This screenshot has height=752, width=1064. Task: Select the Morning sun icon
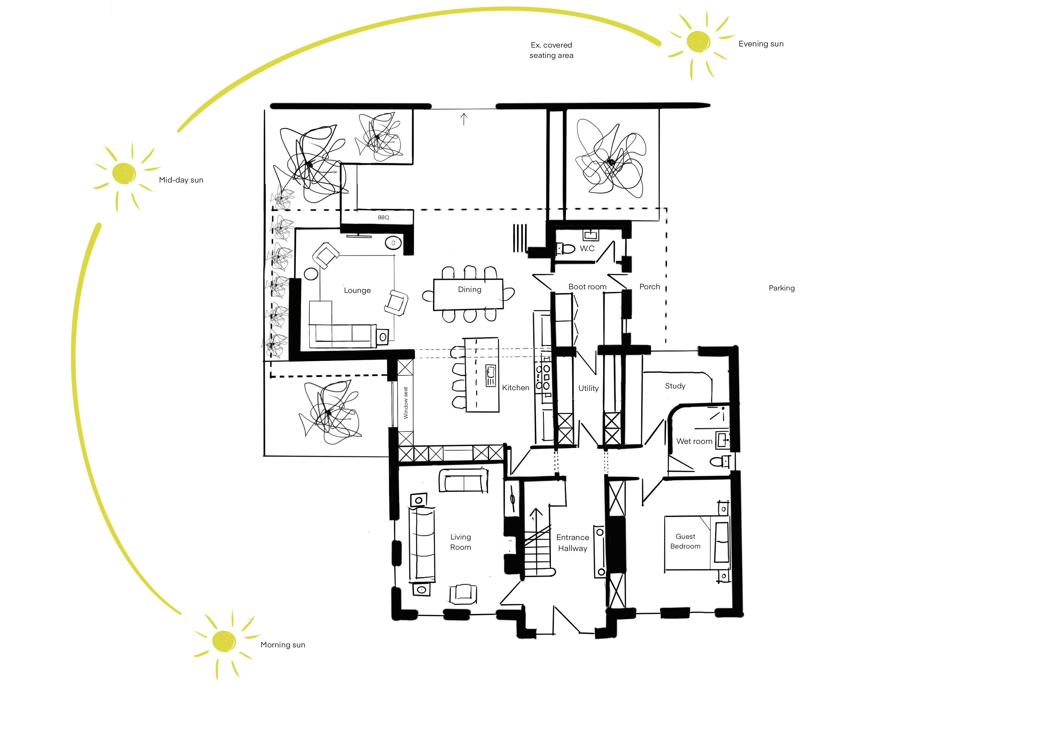[224, 642]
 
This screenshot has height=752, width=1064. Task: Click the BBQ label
[383, 217]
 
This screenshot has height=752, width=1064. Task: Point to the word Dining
[470, 290]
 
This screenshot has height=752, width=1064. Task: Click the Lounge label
[357, 290]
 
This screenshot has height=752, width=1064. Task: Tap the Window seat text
[406, 403]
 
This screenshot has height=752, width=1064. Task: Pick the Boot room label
[587, 287]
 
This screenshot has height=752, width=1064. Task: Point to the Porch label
[650, 287]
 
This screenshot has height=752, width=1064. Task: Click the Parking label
[782, 288]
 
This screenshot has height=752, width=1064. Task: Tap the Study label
[675, 386]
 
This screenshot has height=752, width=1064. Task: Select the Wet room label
[694, 441]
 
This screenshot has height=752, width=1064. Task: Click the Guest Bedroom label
[685, 541]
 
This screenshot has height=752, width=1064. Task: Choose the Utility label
[588, 388]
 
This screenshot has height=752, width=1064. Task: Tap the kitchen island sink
[490, 375]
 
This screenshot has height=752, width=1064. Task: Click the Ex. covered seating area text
[551, 50]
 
